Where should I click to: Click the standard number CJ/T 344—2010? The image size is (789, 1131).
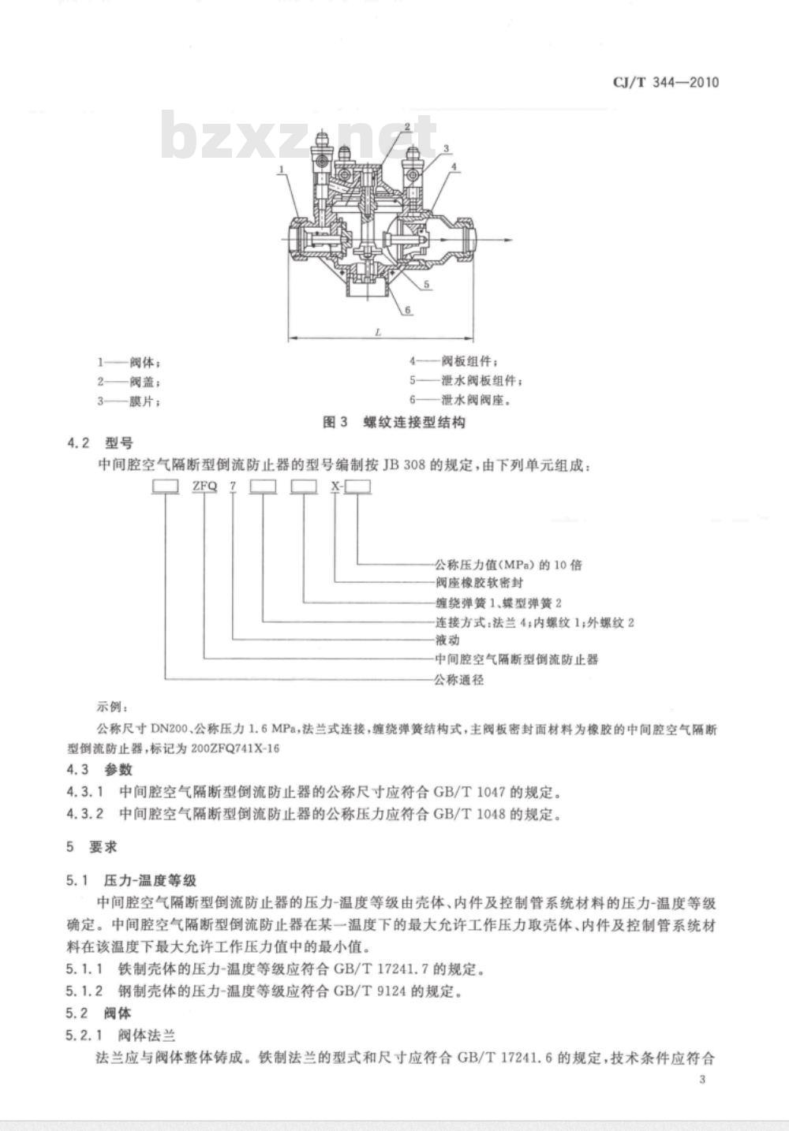click(x=666, y=82)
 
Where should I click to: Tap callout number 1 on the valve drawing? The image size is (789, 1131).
click(x=282, y=170)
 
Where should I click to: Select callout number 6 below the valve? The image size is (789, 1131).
click(x=408, y=309)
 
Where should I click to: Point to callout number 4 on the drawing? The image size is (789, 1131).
click(x=454, y=166)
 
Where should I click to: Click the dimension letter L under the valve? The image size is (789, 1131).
click(x=378, y=332)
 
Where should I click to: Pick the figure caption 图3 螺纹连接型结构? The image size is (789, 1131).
click(x=394, y=422)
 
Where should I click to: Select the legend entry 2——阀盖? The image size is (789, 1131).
click(x=129, y=382)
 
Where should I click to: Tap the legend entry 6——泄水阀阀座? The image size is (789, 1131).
click(x=460, y=401)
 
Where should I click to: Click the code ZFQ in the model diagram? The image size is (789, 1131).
click(x=204, y=486)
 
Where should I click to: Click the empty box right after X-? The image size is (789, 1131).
click(x=357, y=486)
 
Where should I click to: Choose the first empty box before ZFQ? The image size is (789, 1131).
click(x=166, y=486)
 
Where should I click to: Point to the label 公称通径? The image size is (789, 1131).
click(x=459, y=680)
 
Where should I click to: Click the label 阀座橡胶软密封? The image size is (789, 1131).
click(x=479, y=583)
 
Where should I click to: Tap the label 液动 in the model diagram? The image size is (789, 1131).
click(x=447, y=640)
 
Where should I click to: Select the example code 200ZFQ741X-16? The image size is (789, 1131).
click(x=235, y=748)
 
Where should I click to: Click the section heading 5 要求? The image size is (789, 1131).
click(x=92, y=847)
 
